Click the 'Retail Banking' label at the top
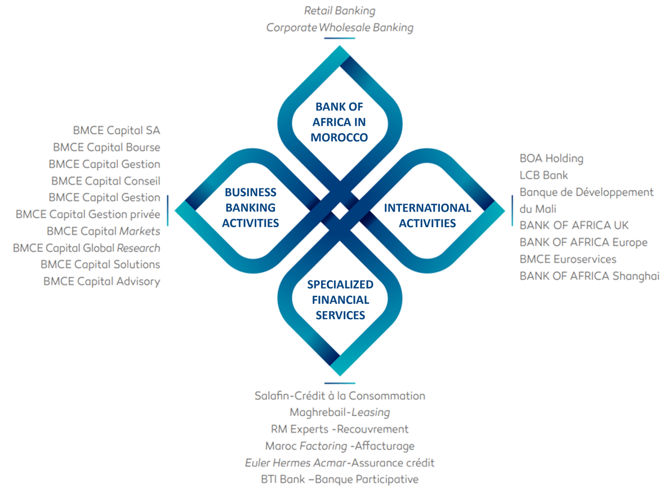pos(339,11)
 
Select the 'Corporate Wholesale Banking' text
pos(339,27)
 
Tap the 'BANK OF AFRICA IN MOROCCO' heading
pos(339,121)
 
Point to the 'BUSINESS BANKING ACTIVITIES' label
pos(250,207)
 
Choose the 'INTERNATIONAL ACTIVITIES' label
pos(427,215)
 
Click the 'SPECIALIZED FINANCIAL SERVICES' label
pos(340,299)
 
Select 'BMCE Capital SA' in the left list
pos(116,130)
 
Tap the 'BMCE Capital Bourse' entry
pos(106,147)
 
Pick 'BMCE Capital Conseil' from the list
pos(105,181)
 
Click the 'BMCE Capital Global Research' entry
pos(86,248)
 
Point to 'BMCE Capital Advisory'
pos(101,281)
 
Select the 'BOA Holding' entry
pos(551,158)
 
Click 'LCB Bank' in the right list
pos(544,175)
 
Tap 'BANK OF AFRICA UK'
pos(573,226)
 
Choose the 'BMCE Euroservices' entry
pos(567,259)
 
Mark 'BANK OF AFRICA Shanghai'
pos(589,276)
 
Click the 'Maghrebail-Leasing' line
pos(340,412)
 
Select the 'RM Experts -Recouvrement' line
pos(340,429)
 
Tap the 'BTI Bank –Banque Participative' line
pos(340,480)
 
